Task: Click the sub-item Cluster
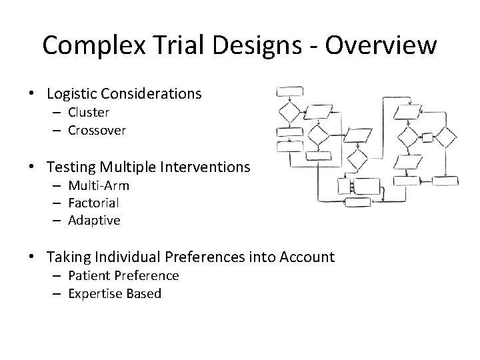coord(88,113)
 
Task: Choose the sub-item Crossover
coord(97,131)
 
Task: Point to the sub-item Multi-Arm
coord(98,185)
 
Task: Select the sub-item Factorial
coord(93,203)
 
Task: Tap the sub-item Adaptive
coord(94,221)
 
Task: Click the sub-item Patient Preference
coord(123,275)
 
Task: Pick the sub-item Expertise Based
coord(115,293)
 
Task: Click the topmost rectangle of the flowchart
coord(290,91)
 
